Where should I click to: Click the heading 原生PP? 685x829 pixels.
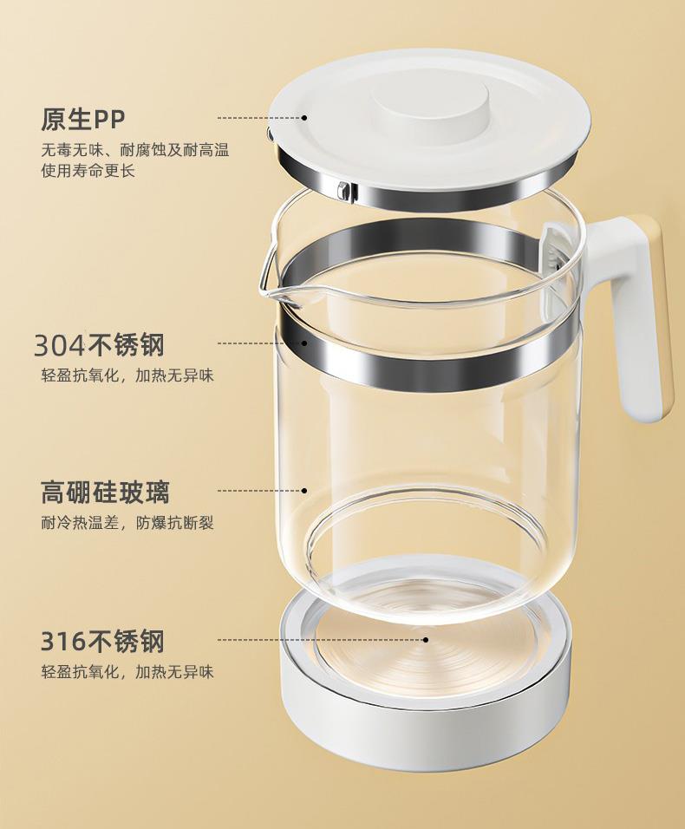click(83, 119)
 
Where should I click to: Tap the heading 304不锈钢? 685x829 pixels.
click(100, 345)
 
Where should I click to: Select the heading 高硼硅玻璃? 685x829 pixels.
click(105, 493)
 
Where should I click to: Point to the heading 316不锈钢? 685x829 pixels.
click(102, 642)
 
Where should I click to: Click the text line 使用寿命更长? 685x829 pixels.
click(88, 171)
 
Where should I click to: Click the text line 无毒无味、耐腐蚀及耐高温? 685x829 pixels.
click(135, 150)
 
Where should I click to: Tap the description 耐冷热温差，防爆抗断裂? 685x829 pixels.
click(127, 524)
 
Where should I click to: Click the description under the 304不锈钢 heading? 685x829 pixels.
click(127, 375)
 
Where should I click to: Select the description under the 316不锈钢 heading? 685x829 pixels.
click(127, 672)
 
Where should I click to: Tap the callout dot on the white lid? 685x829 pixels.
click(304, 118)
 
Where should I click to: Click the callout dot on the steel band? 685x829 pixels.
click(304, 343)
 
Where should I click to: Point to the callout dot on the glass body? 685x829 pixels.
click(304, 491)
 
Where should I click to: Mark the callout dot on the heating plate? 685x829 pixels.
click(426, 639)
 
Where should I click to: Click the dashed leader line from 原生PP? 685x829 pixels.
click(259, 118)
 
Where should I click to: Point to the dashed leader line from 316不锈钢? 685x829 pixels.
click(320, 639)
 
